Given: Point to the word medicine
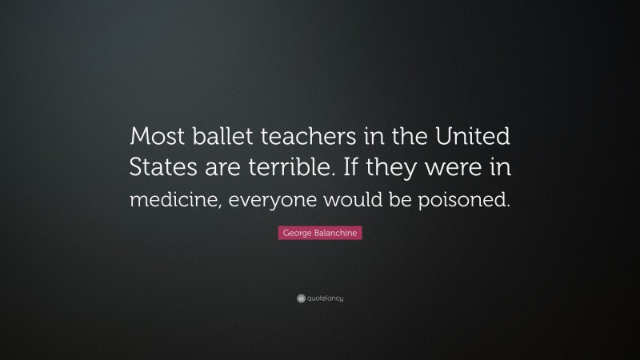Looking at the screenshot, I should click(x=165, y=200).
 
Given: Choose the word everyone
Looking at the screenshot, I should click(x=261, y=200).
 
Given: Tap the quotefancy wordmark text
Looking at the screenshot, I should click(x=325, y=298).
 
